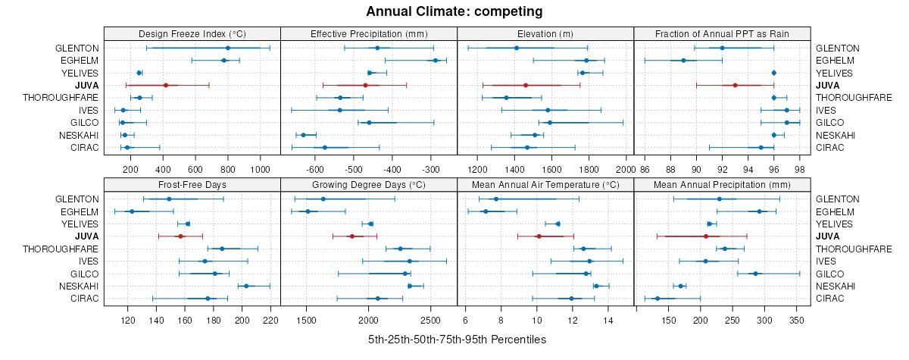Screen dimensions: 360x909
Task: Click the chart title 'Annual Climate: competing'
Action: [454, 11]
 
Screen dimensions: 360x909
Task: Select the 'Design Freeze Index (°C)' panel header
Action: [192, 34]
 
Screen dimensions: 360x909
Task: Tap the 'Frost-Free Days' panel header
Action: [192, 184]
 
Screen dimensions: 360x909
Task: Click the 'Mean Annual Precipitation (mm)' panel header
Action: [722, 184]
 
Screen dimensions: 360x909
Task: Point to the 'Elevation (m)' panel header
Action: [545, 34]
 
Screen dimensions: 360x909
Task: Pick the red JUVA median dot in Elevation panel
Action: [526, 85]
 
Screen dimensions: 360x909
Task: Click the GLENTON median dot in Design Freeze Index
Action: [227, 48]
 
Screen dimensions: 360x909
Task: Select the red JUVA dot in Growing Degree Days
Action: [351, 236]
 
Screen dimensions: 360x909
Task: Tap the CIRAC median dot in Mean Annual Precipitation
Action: [658, 298]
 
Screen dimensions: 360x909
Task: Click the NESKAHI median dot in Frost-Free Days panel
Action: [246, 286]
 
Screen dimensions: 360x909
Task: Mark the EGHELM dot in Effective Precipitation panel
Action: [436, 60]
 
